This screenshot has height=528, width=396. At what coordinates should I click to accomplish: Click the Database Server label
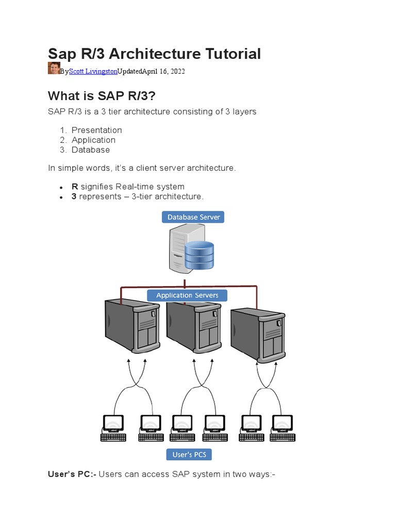coord(193,217)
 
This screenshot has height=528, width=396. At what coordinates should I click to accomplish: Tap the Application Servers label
coord(187,295)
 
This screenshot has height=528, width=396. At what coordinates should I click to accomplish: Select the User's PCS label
coord(189,454)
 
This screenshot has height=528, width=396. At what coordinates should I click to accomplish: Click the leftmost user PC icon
coord(112,428)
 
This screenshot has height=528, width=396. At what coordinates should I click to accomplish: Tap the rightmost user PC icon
coord(283,428)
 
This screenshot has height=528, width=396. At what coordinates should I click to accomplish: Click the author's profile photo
coord(54,68)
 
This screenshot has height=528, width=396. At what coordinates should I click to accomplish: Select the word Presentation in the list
coord(97,130)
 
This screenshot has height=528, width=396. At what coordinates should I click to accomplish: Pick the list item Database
coord(91,150)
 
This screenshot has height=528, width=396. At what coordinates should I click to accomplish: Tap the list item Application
coord(93,140)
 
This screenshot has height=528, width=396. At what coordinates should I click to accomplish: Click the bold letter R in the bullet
coord(74,186)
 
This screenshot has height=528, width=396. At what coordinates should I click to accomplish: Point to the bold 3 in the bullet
coord(74,196)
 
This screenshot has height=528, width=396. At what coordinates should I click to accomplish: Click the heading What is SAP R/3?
coord(101,96)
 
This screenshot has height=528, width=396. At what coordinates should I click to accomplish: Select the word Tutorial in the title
coord(230,54)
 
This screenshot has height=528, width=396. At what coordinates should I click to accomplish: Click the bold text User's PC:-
coord(72,474)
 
